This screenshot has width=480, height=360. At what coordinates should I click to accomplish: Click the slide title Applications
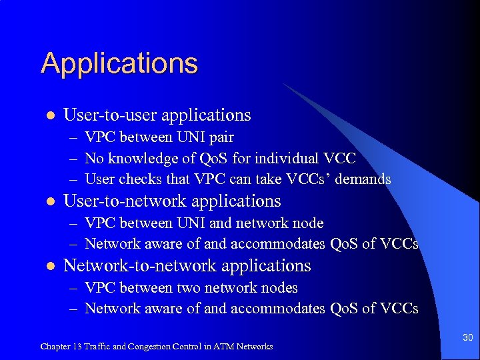119,64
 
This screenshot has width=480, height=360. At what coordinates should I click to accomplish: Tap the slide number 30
468,338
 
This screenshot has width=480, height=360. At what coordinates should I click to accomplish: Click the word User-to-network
112,201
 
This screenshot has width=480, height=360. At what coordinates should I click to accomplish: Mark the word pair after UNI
220,137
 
